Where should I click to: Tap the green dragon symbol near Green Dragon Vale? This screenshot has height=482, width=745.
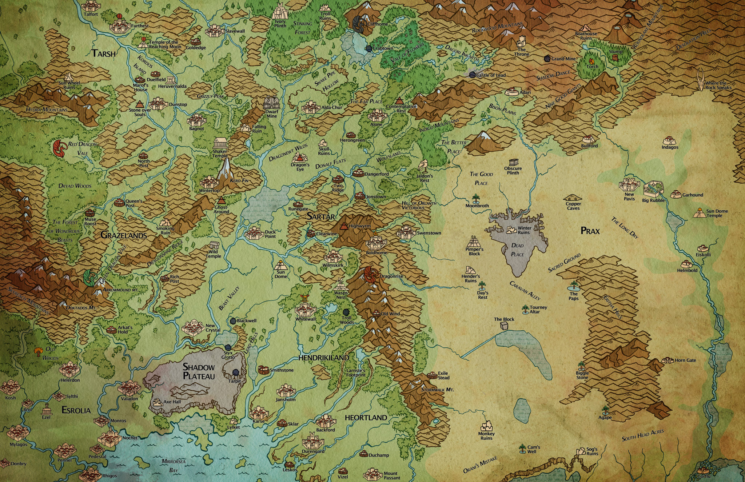[90, 278]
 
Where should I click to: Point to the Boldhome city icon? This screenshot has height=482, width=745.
[376, 242]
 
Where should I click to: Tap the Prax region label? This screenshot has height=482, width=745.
[590, 231]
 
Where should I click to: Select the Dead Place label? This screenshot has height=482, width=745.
[517, 250]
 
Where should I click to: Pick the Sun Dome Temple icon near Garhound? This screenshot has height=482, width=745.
[699, 212]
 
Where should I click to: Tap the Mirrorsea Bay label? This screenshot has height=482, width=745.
[174, 466]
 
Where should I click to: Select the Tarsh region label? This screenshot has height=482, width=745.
[104, 53]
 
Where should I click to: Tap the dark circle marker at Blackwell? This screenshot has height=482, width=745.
[233, 321]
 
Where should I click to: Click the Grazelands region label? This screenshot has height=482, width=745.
[123, 235]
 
